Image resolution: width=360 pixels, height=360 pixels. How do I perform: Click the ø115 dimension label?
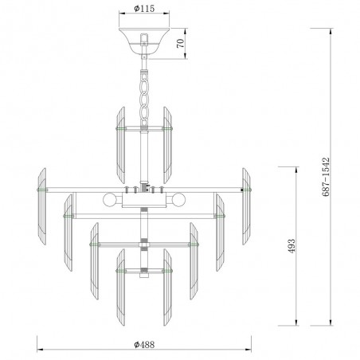(144, 9)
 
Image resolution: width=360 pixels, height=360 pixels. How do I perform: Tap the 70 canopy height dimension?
(180, 43)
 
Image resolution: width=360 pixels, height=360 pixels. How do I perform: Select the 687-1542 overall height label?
(326, 177)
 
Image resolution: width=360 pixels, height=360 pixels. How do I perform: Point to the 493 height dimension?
(292, 246)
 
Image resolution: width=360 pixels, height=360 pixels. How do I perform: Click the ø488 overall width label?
(144, 345)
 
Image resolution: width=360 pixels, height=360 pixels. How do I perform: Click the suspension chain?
(144, 99)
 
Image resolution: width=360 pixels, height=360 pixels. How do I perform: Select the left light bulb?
(109, 199)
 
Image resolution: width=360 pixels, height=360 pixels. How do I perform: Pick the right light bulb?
(178, 199)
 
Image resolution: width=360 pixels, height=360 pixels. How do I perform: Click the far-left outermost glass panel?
(42, 206)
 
